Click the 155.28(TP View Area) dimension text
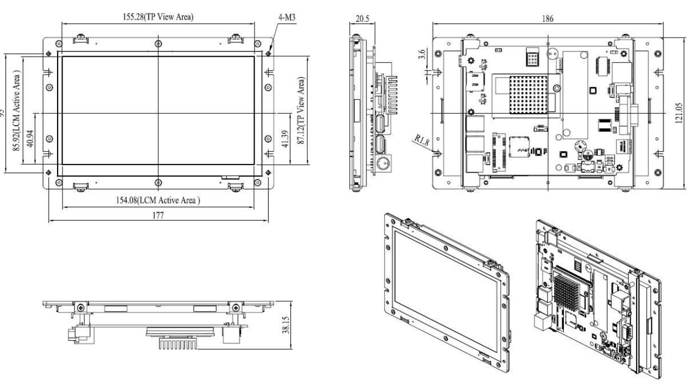(158, 17)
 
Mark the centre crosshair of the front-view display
(158, 113)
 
